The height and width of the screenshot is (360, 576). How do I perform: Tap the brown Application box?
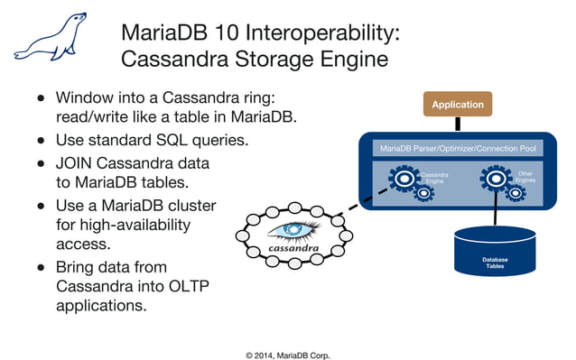pos(458,105)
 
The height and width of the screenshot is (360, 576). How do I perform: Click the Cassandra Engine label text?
pos(434,178)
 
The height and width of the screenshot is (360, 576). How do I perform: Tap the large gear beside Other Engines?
pos(495,178)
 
